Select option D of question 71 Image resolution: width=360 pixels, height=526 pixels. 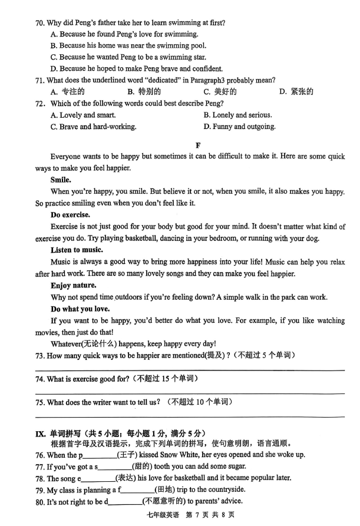[x=297, y=91]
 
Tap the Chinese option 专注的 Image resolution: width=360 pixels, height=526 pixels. [x=69, y=91]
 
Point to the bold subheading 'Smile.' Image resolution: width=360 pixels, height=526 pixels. [x=61, y=180]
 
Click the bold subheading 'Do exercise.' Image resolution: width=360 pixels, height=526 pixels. [x=70, y=214]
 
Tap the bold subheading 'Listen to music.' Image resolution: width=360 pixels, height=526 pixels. [x=77, y=250]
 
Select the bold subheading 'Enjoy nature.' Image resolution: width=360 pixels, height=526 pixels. [x=73, y=285]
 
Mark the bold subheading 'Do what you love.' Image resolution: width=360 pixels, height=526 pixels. [x=80, y=309]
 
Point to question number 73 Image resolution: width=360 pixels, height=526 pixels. [x=39, y=355]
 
